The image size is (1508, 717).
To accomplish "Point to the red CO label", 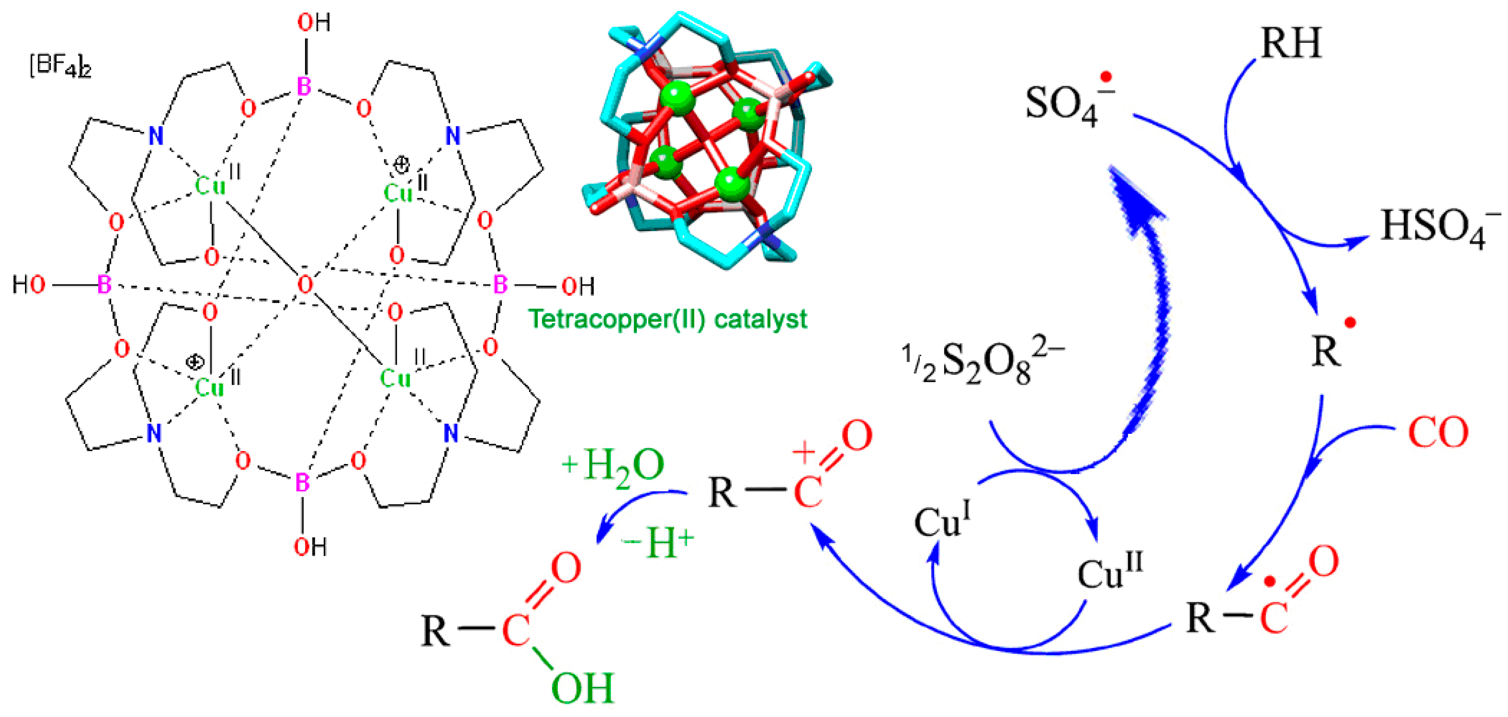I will pyautogui.click(x=1438, y=433).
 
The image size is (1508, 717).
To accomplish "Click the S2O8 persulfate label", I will pyautogui.click(x=983, y=363).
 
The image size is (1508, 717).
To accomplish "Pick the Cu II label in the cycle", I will pyautogui.click(x=1109, y=571).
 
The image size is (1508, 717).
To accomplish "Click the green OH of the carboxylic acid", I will pyautogui.click(x=582, y=688).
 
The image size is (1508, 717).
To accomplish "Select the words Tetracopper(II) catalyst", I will pyautogui.click(x=667, y=319).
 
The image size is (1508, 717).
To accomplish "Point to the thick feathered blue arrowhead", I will pyautogui.click(x=1133, y=199).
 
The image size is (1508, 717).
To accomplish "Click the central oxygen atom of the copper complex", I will pyautogui.click(x=305, y=285).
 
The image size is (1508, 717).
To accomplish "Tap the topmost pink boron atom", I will pyautogui.click(x=304, y=87).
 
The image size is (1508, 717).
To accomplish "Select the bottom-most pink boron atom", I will pyautogui.click(x=302, y=483).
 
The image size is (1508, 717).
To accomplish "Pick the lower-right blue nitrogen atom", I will pyautogui.click(x=451, y=434).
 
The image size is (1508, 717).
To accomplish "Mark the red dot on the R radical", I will pyautogui.click(x=1351, y=322).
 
